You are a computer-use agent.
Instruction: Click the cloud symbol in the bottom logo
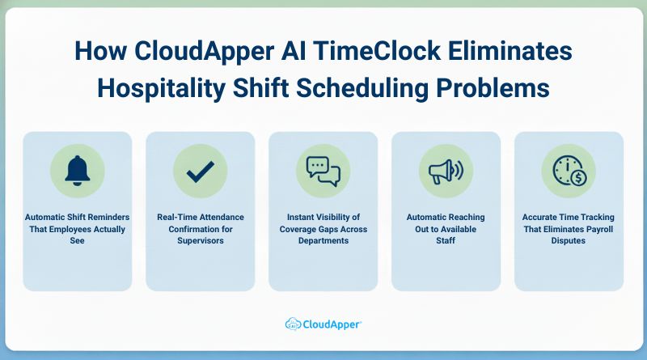(294, 324)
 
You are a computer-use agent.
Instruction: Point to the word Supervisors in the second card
(200, 240)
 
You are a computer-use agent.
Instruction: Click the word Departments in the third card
(323, 240)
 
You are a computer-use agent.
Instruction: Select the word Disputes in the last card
(569, 240)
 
